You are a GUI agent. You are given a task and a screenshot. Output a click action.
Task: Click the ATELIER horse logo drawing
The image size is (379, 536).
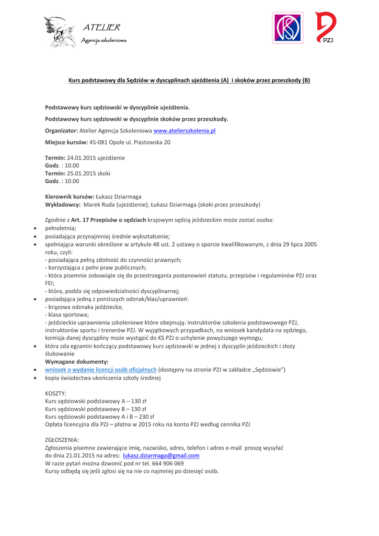pyautogui.click(x=59, y=32)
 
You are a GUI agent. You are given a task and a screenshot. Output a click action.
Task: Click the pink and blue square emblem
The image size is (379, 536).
pyautogui.click(x=288, y=29)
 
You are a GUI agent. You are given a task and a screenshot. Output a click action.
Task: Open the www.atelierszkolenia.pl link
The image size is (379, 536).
pyautogui.click(x=185, y=130)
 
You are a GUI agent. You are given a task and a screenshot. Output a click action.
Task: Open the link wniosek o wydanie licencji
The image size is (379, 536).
pyautogui.click(x=101, y=370)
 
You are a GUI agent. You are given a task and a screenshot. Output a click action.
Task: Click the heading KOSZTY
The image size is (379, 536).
pyautogui.click(x=56, y=393)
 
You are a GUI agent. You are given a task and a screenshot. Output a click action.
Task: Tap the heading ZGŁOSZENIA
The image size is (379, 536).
pyautogui.click(x=62, y=440)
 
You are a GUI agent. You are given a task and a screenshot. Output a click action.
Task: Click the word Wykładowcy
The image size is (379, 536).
pyautogui.click(x=63, y=205)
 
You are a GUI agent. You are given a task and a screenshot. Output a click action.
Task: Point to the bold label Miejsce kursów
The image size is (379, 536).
pyautogui.click(x=66, y=142)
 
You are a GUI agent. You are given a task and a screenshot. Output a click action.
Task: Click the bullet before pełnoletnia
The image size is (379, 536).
pyautogui.click(x=35, y=229)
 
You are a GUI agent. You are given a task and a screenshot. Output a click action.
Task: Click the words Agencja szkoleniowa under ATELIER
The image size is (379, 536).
pyautogui.click(x=104, y=40)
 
